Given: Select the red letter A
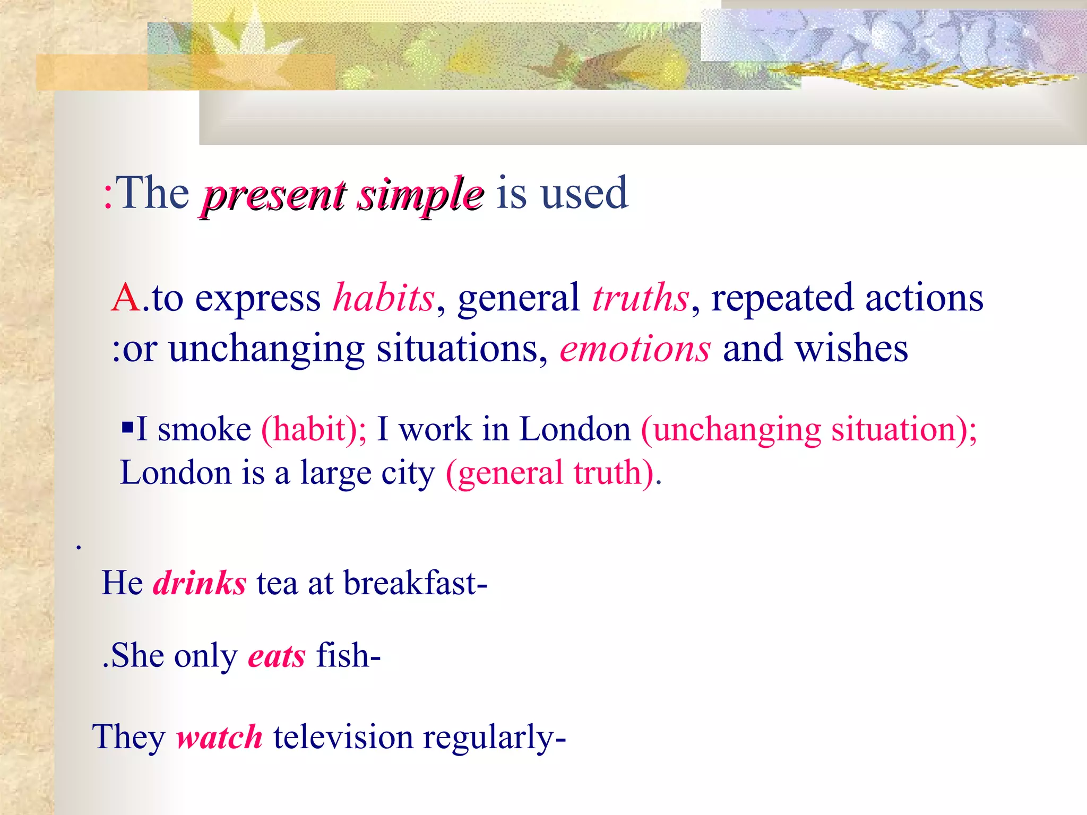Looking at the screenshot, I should pyautogui.click(x=126, y=298).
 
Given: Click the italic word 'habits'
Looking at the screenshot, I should pyautogui.click(x=384, y=298).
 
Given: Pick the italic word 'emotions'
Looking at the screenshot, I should pyautogui.click(x=635, y=349).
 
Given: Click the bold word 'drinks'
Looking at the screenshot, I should pyautogui.click(x=200, y=583).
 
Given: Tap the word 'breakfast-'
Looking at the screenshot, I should pyautogui.click(x=415, y=583).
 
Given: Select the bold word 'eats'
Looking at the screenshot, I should pyautogui.click(x=277, y=656).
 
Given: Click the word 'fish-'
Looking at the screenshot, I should pyautogui.click(x=348, y=655).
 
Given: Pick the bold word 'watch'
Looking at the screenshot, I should pyautogui.click(x=219, y=737).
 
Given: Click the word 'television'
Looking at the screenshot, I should pyautogui.click(x=343, y=737).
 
